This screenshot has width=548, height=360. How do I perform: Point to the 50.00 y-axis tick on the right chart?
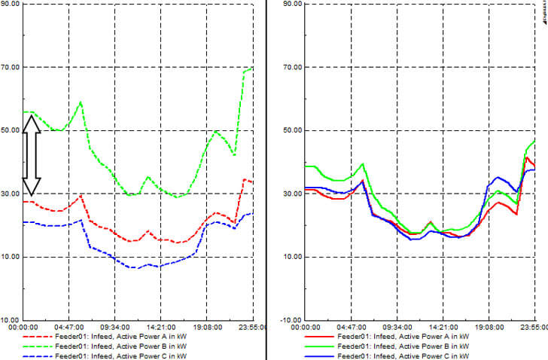click(x=291, y=130)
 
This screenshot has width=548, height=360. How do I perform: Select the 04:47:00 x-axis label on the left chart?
click(x=68, y=328)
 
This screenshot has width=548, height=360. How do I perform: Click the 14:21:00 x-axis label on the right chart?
click(x=443, y=328)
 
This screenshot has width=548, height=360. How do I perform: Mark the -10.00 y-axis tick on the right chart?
click(x=291, y=320)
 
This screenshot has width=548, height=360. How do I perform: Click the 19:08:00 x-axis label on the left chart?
click(x=205, y=328)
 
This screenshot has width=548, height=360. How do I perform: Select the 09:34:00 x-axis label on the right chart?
click(x=397, y=328)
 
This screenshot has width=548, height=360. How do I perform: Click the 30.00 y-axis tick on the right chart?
click(x=291, y=194)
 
